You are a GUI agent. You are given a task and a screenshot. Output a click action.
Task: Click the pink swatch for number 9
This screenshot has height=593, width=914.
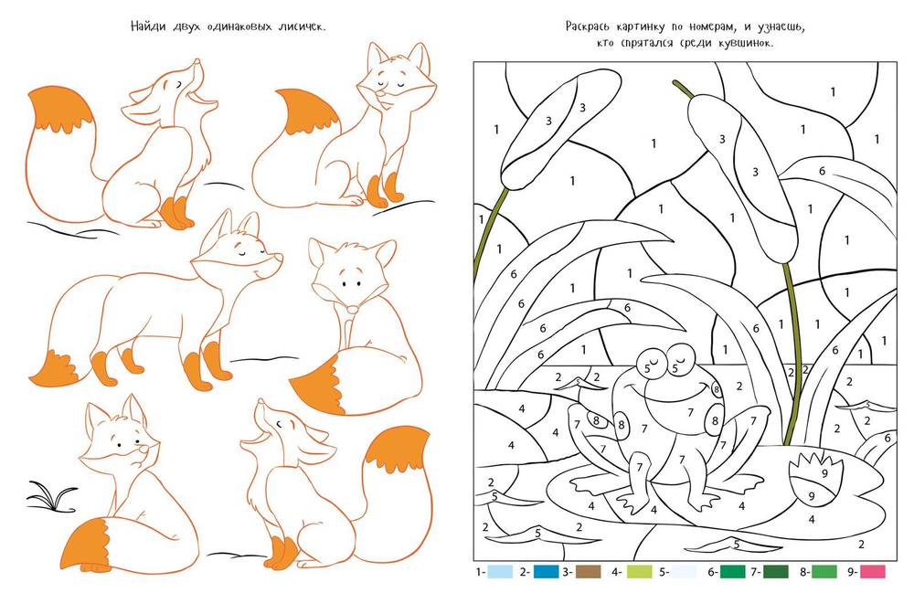872,571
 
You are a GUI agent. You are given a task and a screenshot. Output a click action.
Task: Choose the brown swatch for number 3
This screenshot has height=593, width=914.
588,571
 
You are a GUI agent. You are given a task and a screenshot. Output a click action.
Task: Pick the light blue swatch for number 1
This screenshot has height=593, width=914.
500,571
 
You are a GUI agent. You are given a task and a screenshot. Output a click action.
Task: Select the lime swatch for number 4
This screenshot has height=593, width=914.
640,571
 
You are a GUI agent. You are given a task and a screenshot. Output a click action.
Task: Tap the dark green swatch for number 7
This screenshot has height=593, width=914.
775,571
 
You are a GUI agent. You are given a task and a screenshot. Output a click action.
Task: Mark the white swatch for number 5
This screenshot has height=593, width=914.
684,571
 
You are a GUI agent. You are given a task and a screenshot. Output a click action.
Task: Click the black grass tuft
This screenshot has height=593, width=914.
52,496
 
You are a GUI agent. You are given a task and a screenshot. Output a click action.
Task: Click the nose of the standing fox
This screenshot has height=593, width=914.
279,257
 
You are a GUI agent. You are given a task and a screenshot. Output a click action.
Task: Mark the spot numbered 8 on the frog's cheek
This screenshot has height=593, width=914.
717,390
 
